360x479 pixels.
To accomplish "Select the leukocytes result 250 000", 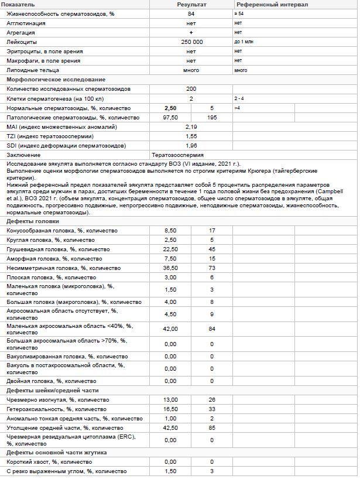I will pyautogui.click(x=191, y=42).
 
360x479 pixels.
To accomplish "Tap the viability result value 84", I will pyautogui.click(x=191, y=13).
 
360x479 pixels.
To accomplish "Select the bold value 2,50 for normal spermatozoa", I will pyautogui.click(x=170, y=108).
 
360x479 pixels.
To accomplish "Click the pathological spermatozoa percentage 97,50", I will pyautogui.click(x=170, y=118).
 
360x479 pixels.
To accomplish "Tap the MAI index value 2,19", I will pyautogui.click(x=191, y=127).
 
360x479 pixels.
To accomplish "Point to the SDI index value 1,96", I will pyautogui.click(x=191, y=146).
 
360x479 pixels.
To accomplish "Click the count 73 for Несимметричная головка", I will pyautogui.click(x=212, y=268).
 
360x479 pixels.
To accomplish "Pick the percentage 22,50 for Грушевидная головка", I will pyautogui.click(x=170, y=249).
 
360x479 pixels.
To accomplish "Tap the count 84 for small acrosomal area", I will pyautogui.click(x=212, y=329).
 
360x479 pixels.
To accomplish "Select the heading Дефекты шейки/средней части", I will pyautogui.click(x=53, y=391).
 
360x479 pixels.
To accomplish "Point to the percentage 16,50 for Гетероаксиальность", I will pyautogui.click(x=170, y=409).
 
